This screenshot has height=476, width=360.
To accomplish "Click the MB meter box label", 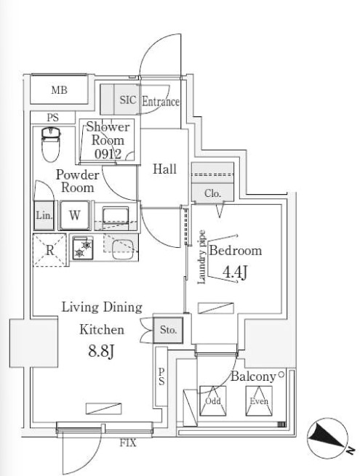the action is [59, 90].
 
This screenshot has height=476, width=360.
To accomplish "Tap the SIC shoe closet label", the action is [128, 100].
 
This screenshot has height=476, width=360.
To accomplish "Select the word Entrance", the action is [161, 102].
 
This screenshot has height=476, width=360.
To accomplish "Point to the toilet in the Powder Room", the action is [51, 144].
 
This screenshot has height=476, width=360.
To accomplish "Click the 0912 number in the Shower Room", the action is [108, 154].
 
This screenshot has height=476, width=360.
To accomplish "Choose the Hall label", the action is [164, 169].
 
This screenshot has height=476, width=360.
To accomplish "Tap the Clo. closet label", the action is [212, 193].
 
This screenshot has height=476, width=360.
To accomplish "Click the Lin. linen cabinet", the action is [44, 215].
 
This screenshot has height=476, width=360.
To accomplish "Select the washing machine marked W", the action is [74, 215].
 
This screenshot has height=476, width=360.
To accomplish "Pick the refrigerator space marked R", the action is [49, 250].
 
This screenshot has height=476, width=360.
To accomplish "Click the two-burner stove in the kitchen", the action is [83, 248].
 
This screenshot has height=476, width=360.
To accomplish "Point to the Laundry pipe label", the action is [201, 257].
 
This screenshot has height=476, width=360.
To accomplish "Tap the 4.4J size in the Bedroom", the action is [234, 271].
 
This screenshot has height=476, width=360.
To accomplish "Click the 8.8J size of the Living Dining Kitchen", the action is [101, 351].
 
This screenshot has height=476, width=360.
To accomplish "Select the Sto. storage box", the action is [168, 330].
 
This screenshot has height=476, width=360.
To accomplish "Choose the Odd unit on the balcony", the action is [213, 401].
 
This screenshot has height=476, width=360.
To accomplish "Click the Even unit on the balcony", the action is [259, 401].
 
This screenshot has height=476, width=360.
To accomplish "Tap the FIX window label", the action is [128, 443].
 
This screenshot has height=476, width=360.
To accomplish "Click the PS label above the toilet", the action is [53, 118].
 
